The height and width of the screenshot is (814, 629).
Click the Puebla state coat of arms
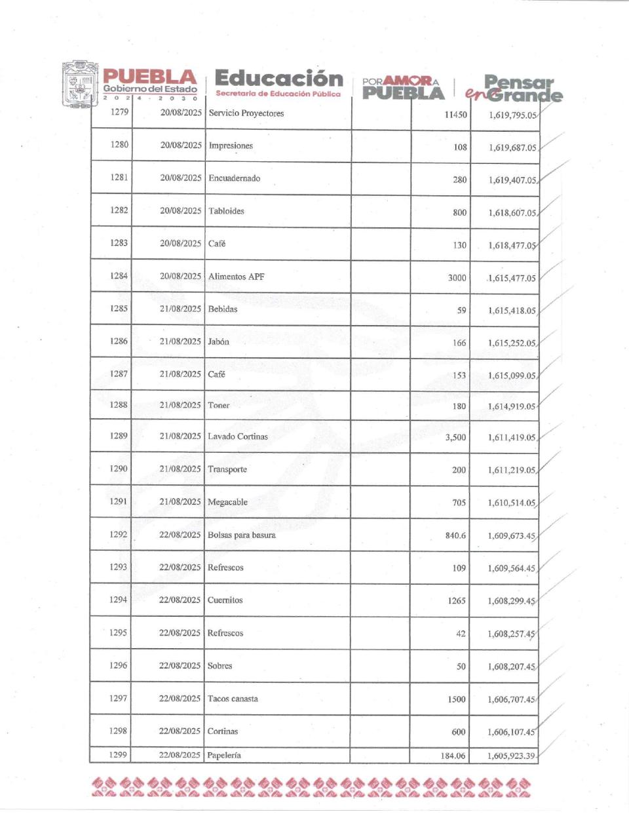click(80, 85)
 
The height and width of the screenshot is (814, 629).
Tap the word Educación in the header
click(278, 79)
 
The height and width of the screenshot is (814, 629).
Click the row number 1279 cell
click(119, 112)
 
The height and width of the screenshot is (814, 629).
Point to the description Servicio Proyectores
click(246, 113)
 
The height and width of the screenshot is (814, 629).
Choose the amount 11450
click(455, 115)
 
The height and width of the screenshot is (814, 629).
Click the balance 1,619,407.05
click(512, 180)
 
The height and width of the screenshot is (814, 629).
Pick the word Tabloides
click(226, 211)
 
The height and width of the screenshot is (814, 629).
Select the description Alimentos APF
click(236, 277)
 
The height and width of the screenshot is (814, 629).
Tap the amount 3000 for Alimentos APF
click(457, 278)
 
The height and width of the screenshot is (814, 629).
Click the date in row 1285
click(180, 309)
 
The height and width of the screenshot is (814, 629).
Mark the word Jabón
click(218, 341)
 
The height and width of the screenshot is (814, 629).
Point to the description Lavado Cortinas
click(237, 436)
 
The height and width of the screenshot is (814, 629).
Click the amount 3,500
click(455, 437)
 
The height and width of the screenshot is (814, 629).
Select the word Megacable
click(227, 502)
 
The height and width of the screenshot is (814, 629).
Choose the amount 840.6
click(455, 535)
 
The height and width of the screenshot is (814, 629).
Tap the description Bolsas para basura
click(241, 535)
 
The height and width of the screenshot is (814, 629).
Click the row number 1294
click(119, 600)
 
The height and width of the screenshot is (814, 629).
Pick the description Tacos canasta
click(233, 699)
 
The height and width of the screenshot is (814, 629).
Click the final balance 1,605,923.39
click(511, 756)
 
